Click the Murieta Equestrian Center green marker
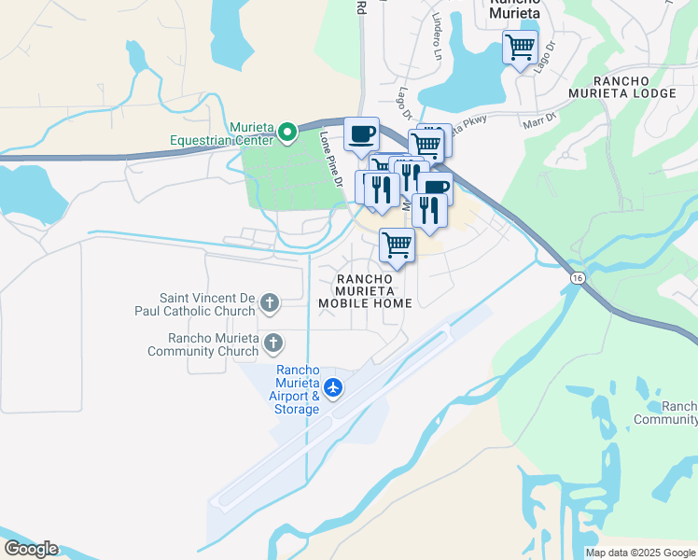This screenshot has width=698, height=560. point(287,133)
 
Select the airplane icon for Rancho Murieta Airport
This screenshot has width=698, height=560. point(333,386)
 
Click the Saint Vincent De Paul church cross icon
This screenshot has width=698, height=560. point(270,302)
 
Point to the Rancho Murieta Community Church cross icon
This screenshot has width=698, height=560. point(273,343)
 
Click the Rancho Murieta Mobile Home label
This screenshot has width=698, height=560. point(363,290)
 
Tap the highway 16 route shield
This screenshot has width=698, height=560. point(578,278)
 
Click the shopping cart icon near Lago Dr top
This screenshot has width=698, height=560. point(520,46)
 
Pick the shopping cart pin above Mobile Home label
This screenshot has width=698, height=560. point(398,245)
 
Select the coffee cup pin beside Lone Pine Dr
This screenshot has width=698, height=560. point(361,133)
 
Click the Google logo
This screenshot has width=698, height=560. point(30,549)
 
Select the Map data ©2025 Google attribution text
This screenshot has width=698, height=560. point(640,553)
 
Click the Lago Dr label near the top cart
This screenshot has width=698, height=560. point(545,54)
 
